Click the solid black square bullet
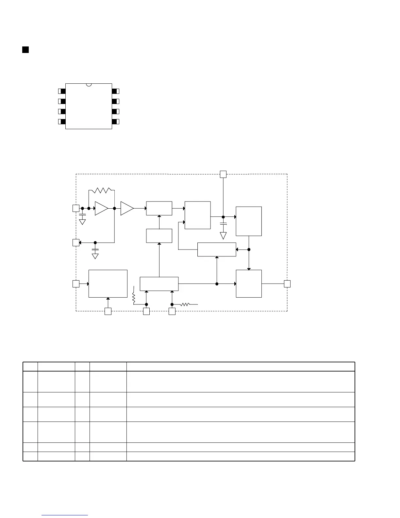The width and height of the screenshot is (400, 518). pyautogui.click(x=25, y=50)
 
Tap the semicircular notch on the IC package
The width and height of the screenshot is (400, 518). pyautogui.click(x=89, y=85)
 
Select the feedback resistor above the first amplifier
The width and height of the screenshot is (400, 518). pyautogui.click(x=102, y=190)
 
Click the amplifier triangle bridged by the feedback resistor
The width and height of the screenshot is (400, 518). pyautogui.click(x=101, y=208)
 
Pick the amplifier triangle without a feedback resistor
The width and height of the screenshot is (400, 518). pyautogui.click(x=126, y=208)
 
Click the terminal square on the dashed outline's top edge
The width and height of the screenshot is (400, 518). pyautogui.click(x=223, y=174)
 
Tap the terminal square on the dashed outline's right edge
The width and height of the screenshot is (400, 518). pyautogui.click(x=287, y=284)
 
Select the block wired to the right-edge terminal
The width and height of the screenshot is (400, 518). pyautogui.click(x=249, y=284)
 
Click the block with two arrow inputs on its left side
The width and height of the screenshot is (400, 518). pyautogui.click(x=197, y=215)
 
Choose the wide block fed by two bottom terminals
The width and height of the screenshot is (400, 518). pyautogui.click(x=159, y=284)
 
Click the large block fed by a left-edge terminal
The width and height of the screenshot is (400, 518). pyautogui.click(x=108, y=284)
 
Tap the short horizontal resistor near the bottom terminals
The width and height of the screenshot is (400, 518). pyautogui.click(x=185, y=304)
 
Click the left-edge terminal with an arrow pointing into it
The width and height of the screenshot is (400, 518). pyautogui.click(x=75, y=243)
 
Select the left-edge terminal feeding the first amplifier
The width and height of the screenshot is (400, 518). pyautogui.click(x=75, y=208)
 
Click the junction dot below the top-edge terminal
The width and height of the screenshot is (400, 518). pyautogui.click(x=223, y=217)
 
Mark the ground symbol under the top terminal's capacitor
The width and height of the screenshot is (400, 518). pyautogui.click(x=223, y=235)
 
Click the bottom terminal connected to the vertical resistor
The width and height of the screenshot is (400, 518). pyautogui.click(x=146, y=311)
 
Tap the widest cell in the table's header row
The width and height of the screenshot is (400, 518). pyautogui.click(x=241, y=367)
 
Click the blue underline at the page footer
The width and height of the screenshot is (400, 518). pyautogui.click(x=65, y=515)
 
